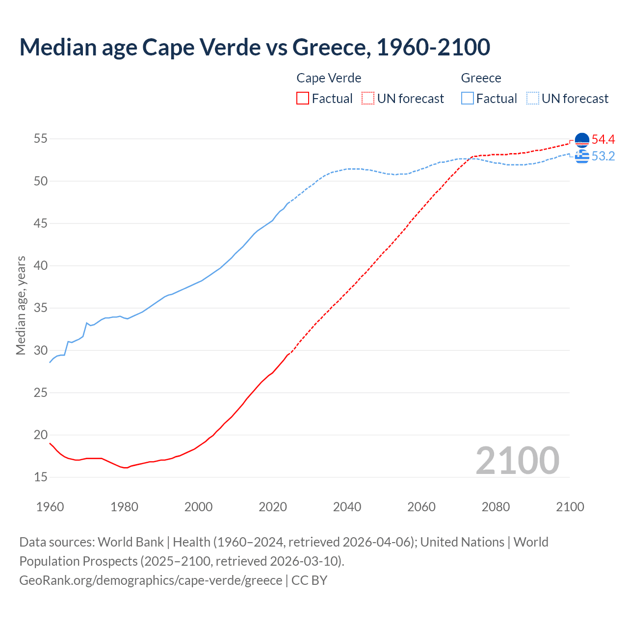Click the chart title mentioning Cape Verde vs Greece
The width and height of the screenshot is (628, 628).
[255, 47]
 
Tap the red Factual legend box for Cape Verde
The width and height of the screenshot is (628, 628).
[303, 98]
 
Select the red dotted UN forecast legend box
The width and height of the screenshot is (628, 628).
[368, 98]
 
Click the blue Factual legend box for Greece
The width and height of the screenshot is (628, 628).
[468, 98]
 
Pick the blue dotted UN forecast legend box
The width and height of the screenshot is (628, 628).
[533, 98]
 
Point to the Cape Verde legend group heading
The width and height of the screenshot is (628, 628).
[329, 78]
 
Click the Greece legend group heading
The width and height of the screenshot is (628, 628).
[481, 78]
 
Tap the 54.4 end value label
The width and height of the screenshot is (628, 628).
[603, 139]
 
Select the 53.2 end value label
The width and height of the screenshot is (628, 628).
[603, 156]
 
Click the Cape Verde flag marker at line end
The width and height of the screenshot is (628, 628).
[582, 140]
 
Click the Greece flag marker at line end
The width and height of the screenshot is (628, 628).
[582, 157]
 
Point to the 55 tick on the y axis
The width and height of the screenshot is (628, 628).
[41, 139]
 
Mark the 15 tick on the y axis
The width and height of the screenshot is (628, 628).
[41, 477]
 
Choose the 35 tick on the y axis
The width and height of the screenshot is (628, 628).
[41, 308]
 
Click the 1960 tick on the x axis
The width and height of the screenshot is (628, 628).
[50, 507]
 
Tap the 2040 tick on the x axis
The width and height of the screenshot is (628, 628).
[347, 507]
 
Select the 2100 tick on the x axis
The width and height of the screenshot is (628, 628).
[570, 507]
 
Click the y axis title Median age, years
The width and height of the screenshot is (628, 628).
[21, 305]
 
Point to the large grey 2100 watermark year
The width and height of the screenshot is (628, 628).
[517, 460]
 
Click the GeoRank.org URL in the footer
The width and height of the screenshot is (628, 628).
[151, 580]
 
